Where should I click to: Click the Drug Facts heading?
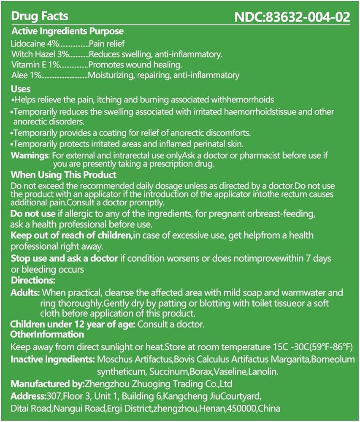39,16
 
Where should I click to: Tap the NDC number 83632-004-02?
292,17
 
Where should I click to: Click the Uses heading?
21,89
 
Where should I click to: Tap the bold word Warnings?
30,155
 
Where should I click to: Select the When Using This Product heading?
63,175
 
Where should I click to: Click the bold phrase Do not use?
33,214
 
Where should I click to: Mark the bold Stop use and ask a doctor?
64,258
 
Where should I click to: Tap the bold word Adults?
25,292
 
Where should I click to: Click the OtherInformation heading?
47,335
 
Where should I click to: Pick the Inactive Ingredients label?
52,360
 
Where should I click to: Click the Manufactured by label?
47,384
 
